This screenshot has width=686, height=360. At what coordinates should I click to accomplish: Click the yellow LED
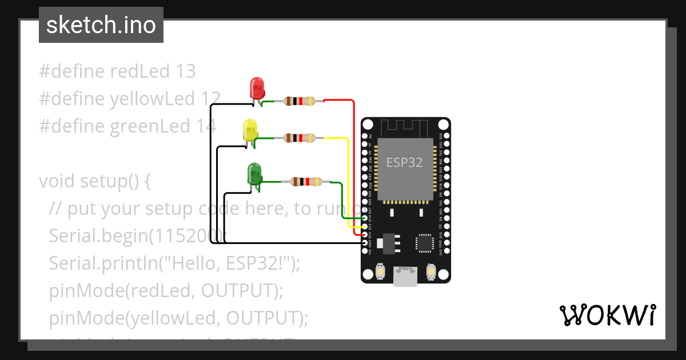click(250, 130)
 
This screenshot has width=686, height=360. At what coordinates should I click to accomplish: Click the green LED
click(254, 173)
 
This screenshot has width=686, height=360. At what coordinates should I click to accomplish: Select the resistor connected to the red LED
click(299, 101)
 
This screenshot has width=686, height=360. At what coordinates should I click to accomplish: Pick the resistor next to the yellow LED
click(299, 138)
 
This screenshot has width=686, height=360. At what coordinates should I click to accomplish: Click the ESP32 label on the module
click(404, 162)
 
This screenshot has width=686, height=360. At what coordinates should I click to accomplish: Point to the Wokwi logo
click(607, 315)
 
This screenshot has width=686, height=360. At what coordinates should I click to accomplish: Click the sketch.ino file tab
click(101, 25)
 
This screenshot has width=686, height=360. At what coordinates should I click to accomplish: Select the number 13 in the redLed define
click(186, 71)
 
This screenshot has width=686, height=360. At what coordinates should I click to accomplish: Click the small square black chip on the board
click(425, 242)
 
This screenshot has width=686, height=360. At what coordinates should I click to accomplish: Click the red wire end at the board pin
click(365, 234)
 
